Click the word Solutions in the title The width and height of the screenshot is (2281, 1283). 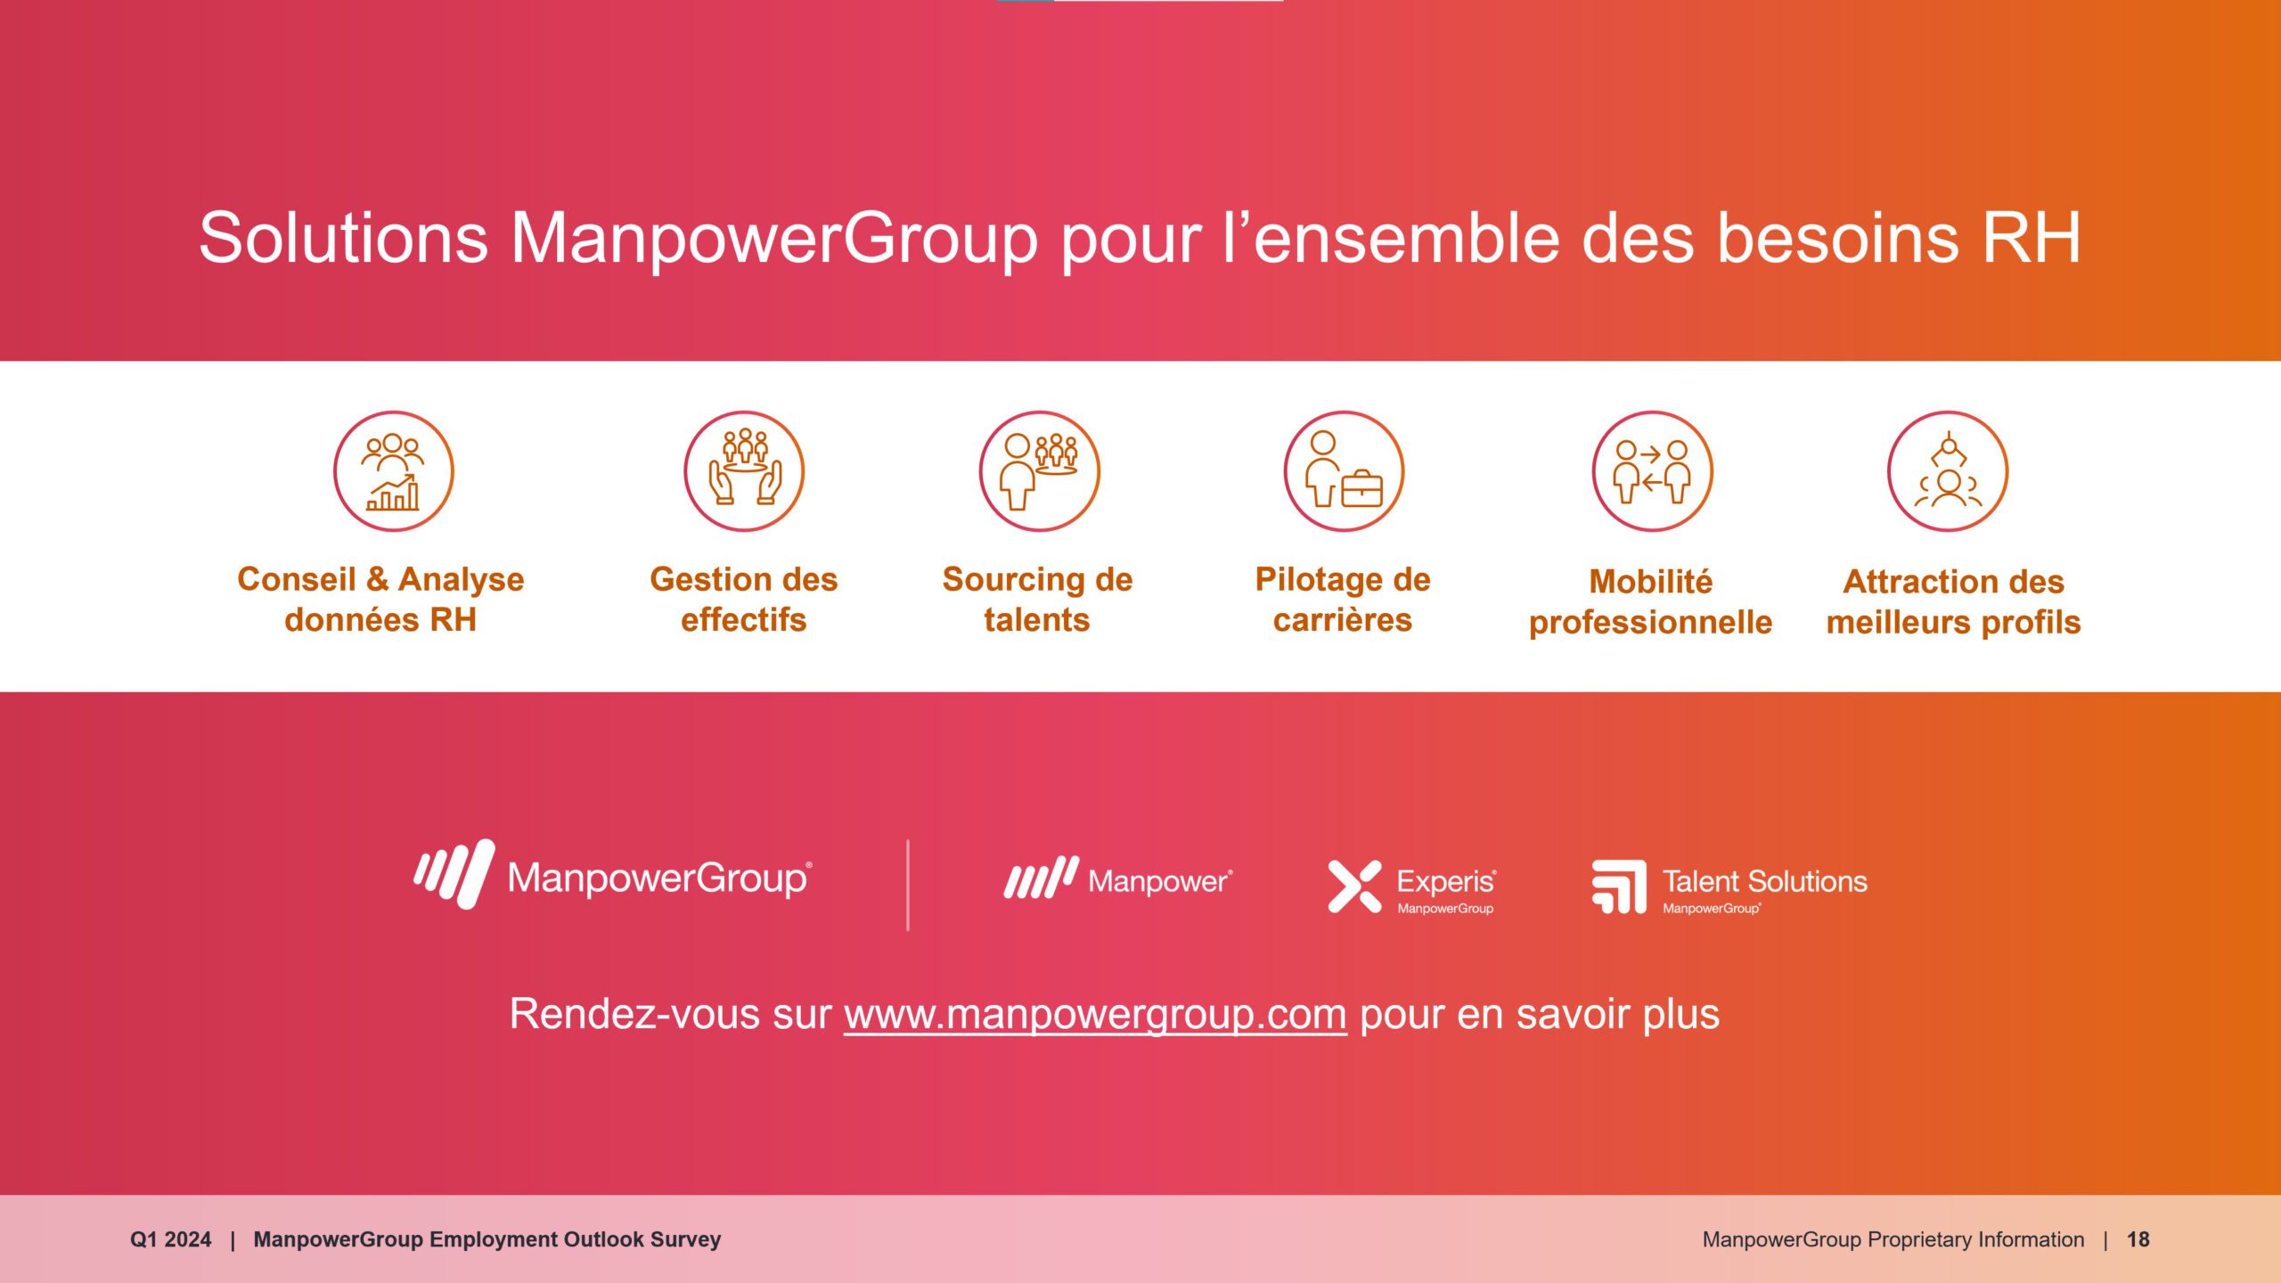point(343,238)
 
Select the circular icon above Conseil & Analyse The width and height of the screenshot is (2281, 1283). point(394,471)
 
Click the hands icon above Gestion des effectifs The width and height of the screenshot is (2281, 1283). point(744,471)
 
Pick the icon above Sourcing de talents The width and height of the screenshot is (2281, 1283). point(1040,471)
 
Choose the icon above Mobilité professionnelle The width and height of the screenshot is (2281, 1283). point(1653,471)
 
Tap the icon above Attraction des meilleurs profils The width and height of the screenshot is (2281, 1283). point(1948,471)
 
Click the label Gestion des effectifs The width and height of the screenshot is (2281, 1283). point(744,599)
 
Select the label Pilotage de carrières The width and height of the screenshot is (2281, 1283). point(1343,599)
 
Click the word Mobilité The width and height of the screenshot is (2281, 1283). point(1651,581)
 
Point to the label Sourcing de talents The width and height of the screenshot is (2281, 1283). point(1037,599)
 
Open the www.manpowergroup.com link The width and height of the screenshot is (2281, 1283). point(1095,1015)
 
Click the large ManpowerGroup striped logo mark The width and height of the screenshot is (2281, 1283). point(454,874)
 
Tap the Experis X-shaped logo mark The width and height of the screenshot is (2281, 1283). point(1354,887)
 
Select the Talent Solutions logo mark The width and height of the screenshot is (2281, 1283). point(1619,887)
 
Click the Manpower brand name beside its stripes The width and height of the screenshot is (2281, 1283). point(1160,881)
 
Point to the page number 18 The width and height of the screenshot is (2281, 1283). point(2138,1239)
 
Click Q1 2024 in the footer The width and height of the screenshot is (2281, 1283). point(170,1239)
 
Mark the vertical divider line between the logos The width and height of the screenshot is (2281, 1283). point(908,885)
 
